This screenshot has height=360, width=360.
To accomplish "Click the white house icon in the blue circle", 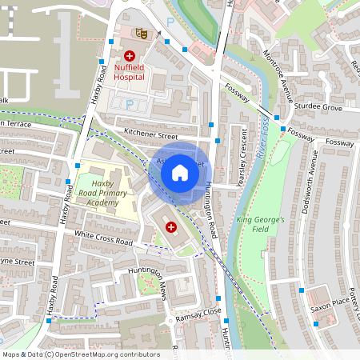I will pyautogui.click(x=180, y=171).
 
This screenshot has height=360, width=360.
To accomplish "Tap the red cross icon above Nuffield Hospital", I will pyautogui.click(x=129, y=56).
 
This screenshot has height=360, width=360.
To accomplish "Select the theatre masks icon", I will pyautogui.click(x=141, y=34).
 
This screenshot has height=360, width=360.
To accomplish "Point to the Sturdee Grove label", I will pyautogui.click(x=319, y=106).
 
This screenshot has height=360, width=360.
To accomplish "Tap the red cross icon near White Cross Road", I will pyautogui.click(x=170, y=228).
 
